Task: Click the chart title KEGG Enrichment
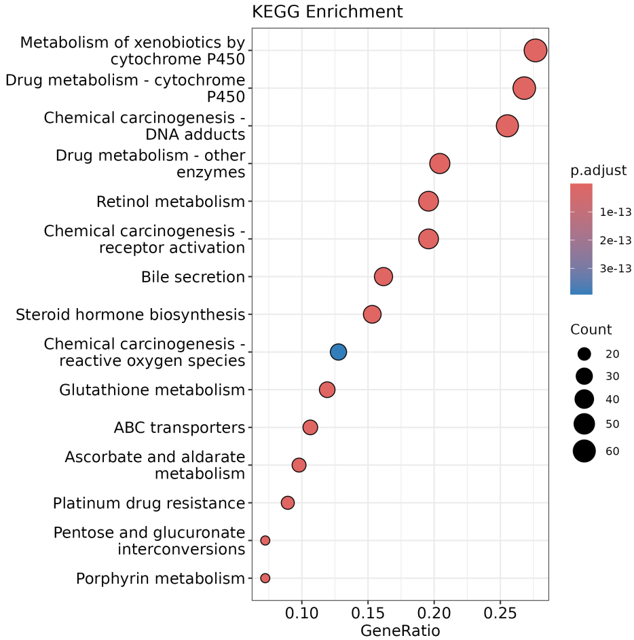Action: (327, 12)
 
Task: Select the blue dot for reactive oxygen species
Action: (338, 352)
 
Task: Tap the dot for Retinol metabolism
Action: (428, 201)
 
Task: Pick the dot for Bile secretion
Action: (384, 276)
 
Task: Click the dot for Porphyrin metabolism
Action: (265, 578)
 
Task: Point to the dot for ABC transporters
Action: (310, 427)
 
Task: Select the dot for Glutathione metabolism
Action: (327, 390)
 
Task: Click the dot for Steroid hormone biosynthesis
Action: (372, 314)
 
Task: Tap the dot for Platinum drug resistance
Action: (288, 502)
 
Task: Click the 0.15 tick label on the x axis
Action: (368, 615)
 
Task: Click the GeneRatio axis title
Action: (400, 630)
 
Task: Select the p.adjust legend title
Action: (598, 170)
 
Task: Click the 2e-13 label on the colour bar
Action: (616, 240)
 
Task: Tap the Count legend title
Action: (591, 330)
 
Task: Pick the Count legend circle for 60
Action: (584, 451)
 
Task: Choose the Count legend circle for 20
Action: (584, 354)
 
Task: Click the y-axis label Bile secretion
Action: (193, 277)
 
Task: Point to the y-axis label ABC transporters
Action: (179, 428)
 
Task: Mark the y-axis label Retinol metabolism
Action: (170, 202)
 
